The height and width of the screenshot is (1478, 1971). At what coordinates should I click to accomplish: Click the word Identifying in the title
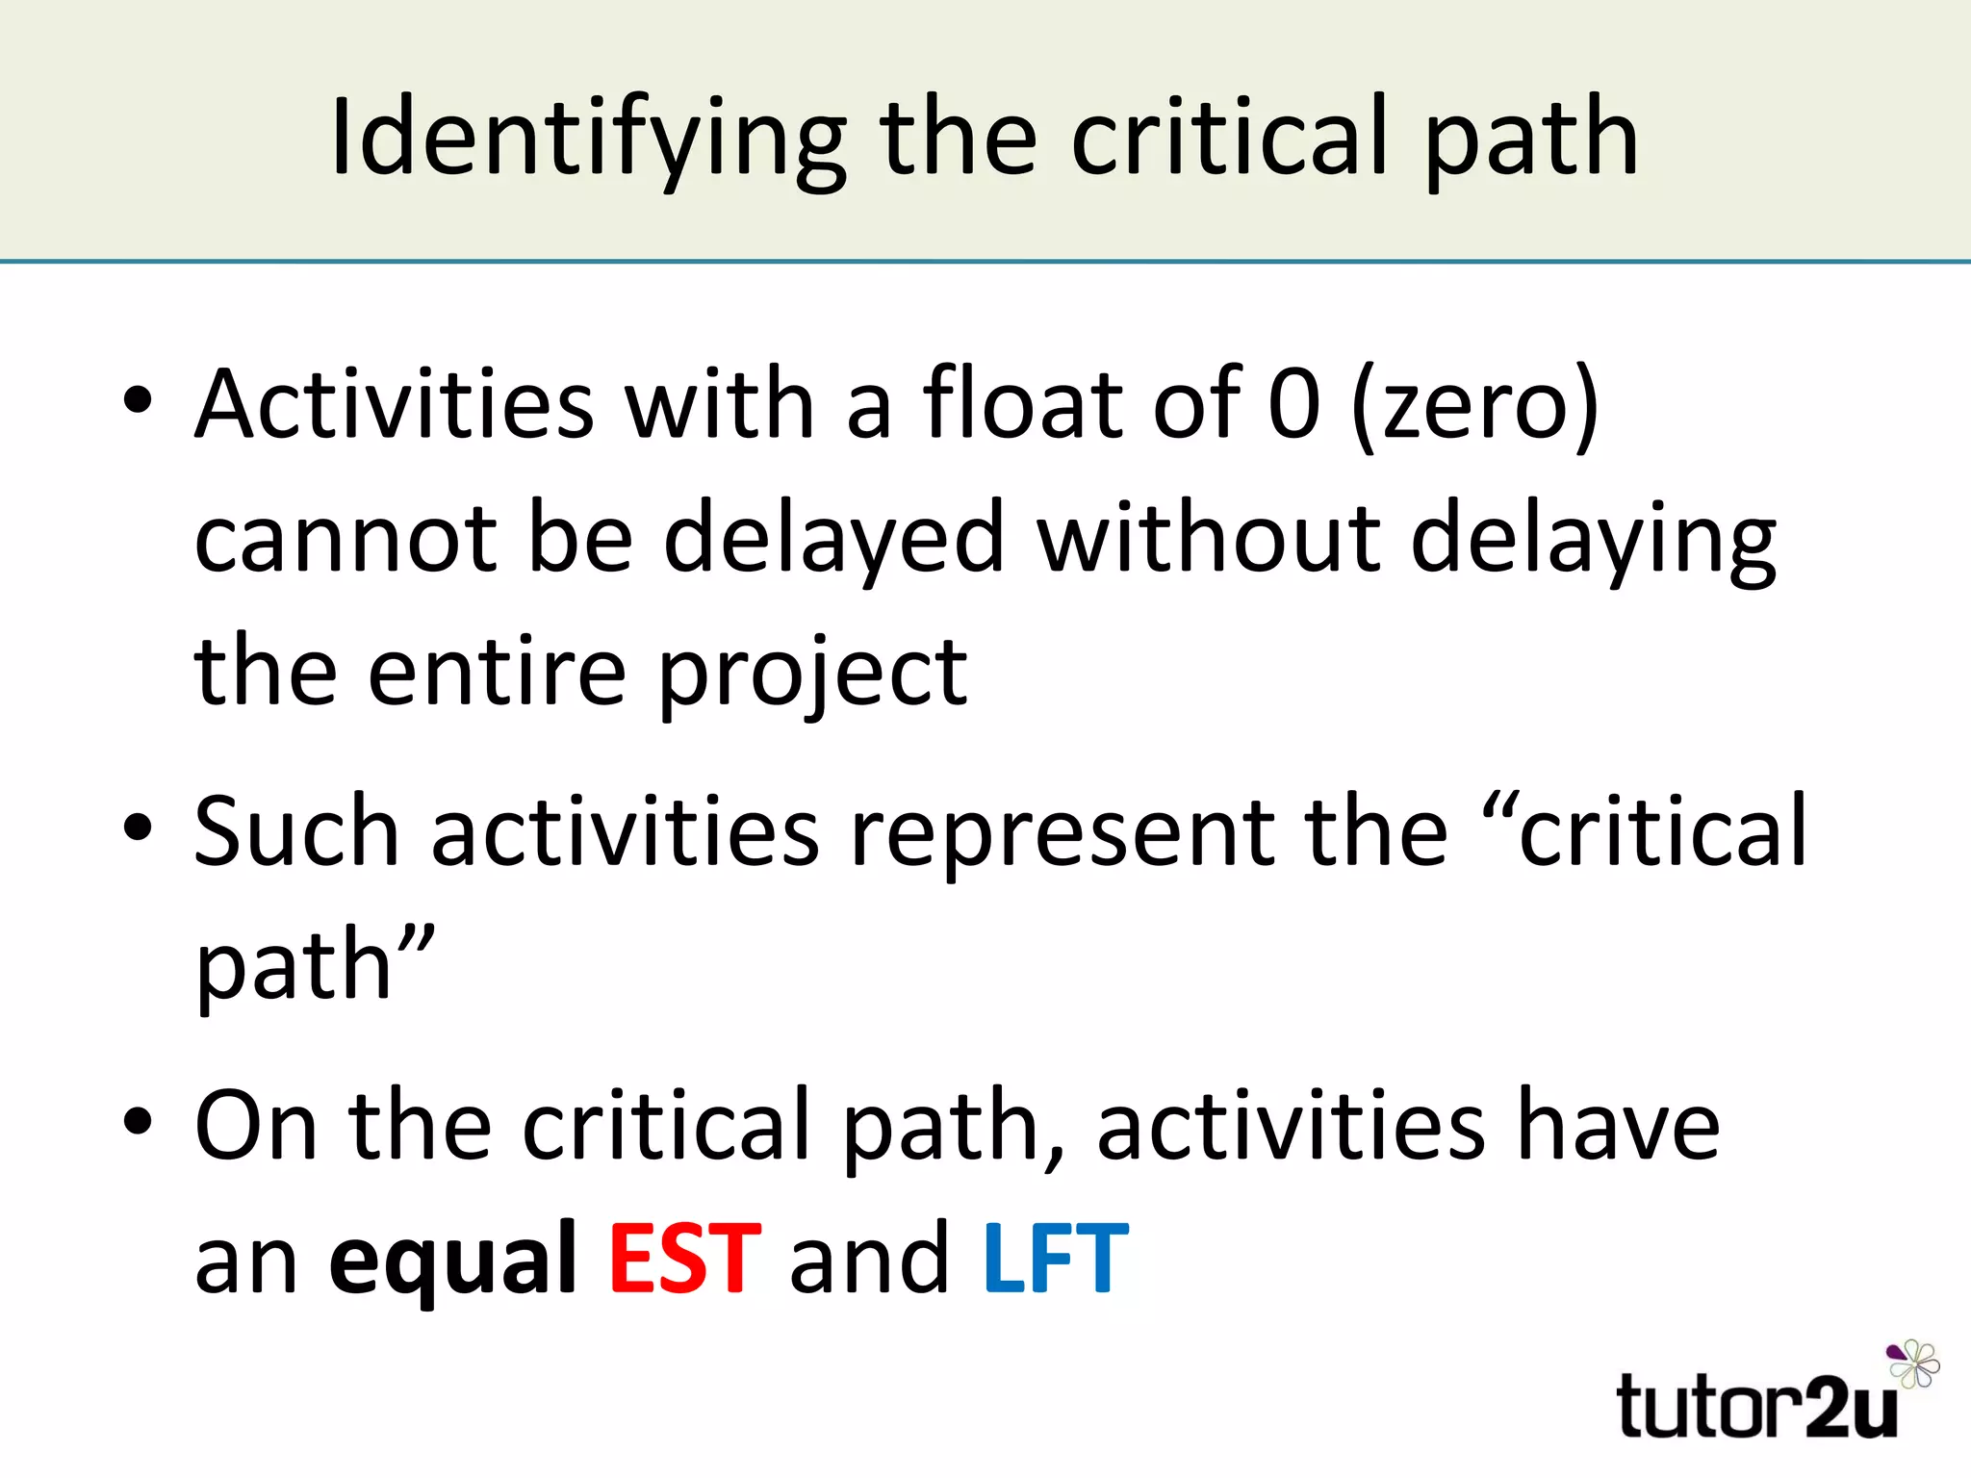click(x=588, y=140)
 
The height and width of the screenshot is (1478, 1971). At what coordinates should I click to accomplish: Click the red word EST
click(x=685, y=1259)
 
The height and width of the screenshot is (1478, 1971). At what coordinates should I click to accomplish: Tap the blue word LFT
click(x=1055, y=1259)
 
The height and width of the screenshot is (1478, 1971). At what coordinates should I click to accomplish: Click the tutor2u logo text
click(x=1757, y=1407)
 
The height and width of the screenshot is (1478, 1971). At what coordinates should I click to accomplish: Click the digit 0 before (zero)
click(x=1294, y=405)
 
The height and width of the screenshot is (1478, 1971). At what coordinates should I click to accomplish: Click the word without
click(x=1208, y=538)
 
